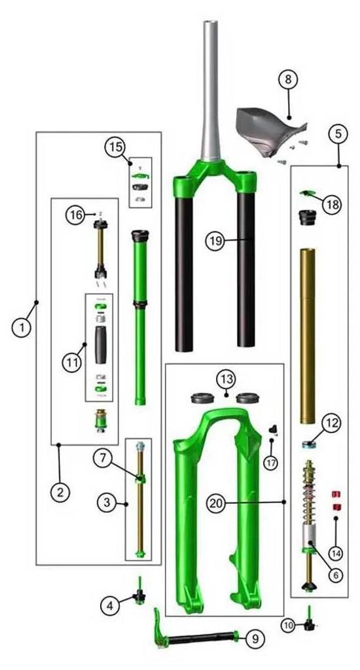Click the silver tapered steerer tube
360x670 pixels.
[211, 90]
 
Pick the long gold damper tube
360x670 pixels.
[308, 336]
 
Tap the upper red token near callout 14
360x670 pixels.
[336, 495]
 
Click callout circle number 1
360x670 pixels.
[22, 328]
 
